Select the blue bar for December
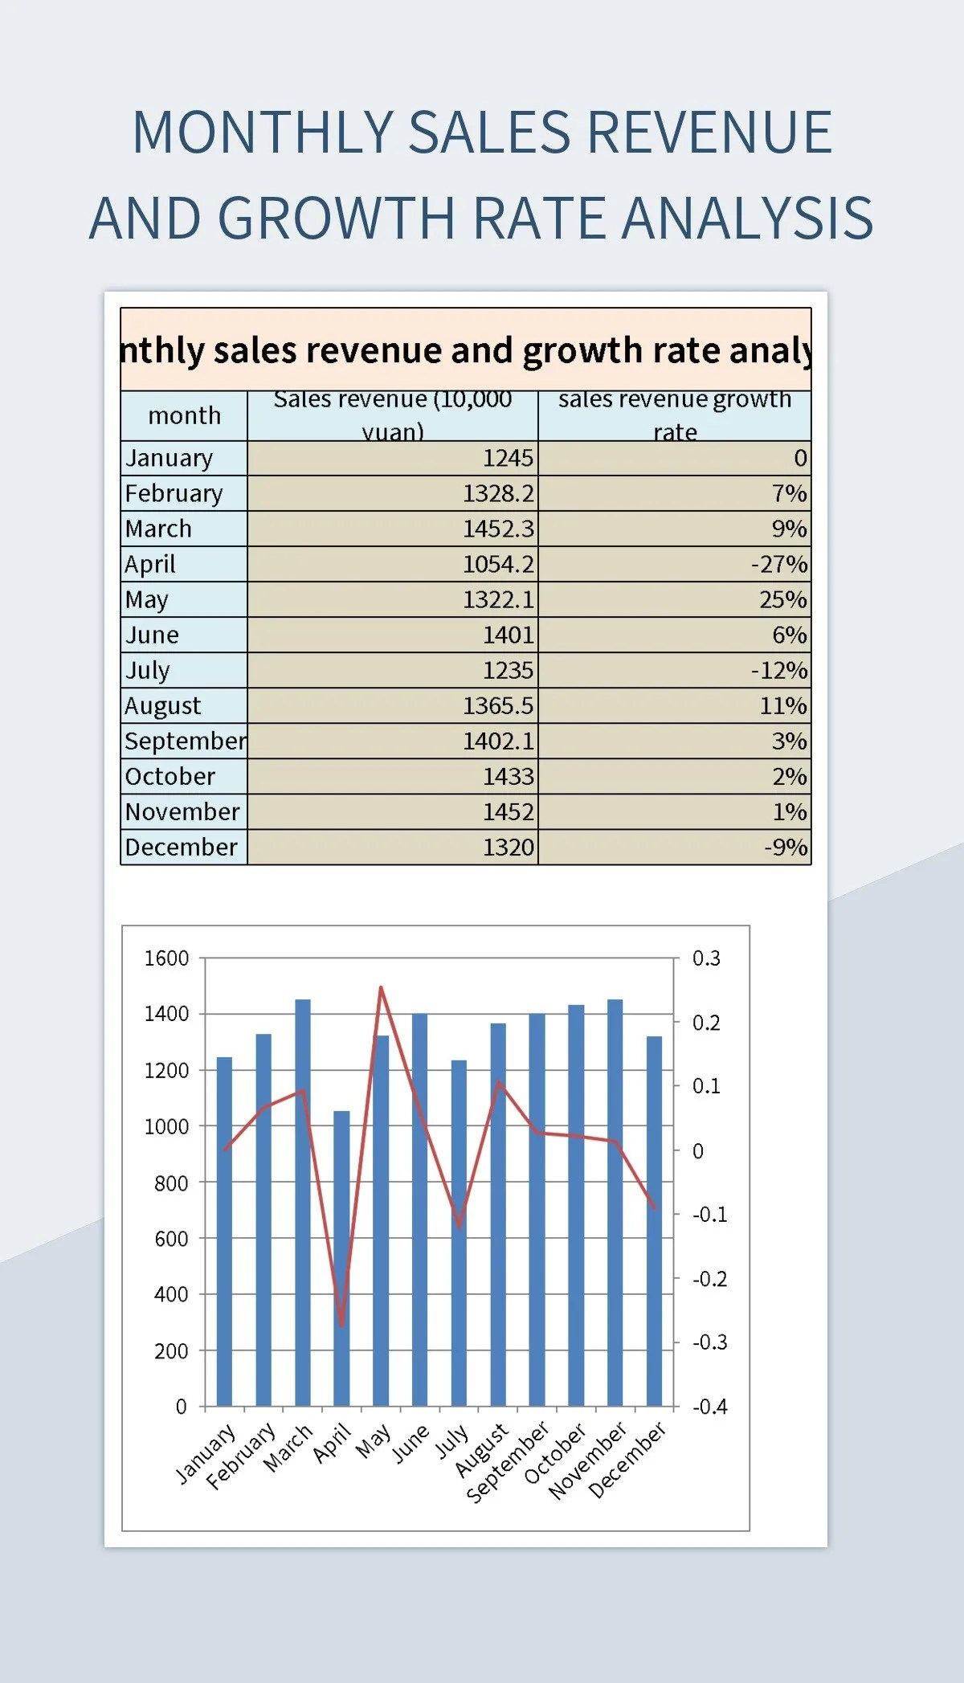point(654,1221)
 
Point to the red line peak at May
point(381,987)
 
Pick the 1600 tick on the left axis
point(166,958)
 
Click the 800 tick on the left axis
point(170,1183)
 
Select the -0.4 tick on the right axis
point(709,1407)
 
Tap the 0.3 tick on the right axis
point(706,958)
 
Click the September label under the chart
point(509,1462)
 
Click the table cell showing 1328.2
point(498,493)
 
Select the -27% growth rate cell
point(778,564)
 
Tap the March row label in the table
point(159,529)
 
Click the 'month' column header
point(184,415)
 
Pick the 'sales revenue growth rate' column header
point(675,415)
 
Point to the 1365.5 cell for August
point(497,705)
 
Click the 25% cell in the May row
point(782,599)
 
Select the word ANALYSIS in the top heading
point(747,219)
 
